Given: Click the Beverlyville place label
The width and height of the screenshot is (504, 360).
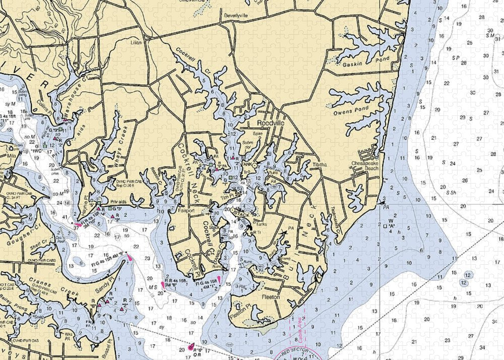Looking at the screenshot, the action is (x=236, y=16).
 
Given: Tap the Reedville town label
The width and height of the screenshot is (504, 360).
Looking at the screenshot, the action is (x=271, y=123).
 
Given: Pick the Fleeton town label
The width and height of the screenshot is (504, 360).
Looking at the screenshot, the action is (x=270, y=297).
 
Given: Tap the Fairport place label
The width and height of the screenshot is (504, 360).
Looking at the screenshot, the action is (x=186, y=211).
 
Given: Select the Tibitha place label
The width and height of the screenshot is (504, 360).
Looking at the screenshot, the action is (x=319, y=165).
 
